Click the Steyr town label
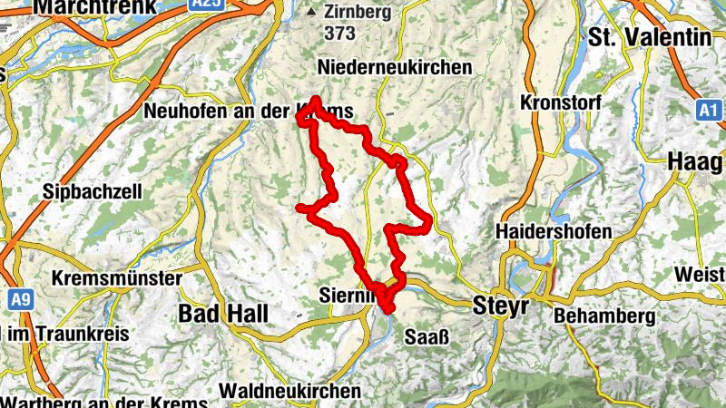(x=500, y=306)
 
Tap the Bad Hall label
(x=224, y=314)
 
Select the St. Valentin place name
(x=649, y=37)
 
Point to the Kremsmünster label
(x=118, y=277)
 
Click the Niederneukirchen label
(x=395, y=68)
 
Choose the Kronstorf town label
(x=561, y=102)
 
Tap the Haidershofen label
(x=554, y=232)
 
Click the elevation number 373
(x=340, y=33)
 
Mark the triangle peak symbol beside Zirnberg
(x=313, y=13)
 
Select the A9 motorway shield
(x=18, y=297)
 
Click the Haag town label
(x=695, y=161)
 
